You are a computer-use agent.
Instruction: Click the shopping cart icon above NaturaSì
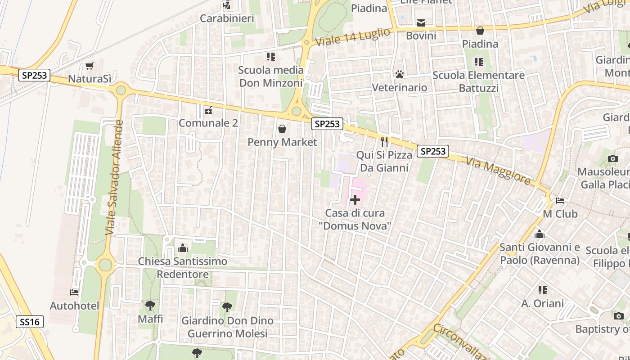[90, 66]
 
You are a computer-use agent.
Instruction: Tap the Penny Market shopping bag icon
[282, 129]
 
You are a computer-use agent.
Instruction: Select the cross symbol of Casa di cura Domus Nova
[355, 199]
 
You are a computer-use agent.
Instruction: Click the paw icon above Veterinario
[399, 74]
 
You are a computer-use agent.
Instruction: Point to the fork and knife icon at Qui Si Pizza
[384, 142]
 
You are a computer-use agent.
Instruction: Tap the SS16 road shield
[30, 322]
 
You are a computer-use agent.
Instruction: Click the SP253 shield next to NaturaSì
[34, 75]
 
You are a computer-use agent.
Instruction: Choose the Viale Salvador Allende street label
[113, 177]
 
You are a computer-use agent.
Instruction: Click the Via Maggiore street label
[498, 171]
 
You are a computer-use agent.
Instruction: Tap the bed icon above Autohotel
[74, 292]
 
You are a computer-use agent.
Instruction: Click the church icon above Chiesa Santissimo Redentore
[183, 248]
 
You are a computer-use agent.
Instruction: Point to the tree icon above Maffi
[150, 306]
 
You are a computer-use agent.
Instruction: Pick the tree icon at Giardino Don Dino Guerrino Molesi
[227, 307]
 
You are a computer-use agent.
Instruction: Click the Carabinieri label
[227, 18]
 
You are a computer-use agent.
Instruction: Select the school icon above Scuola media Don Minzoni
[270, 57]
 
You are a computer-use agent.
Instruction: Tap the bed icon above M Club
[560, 201]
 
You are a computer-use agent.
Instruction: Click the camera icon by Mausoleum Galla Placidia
[612, 158]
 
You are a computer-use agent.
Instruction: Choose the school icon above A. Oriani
[543, 290]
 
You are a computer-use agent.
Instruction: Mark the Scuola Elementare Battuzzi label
[478, 81]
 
